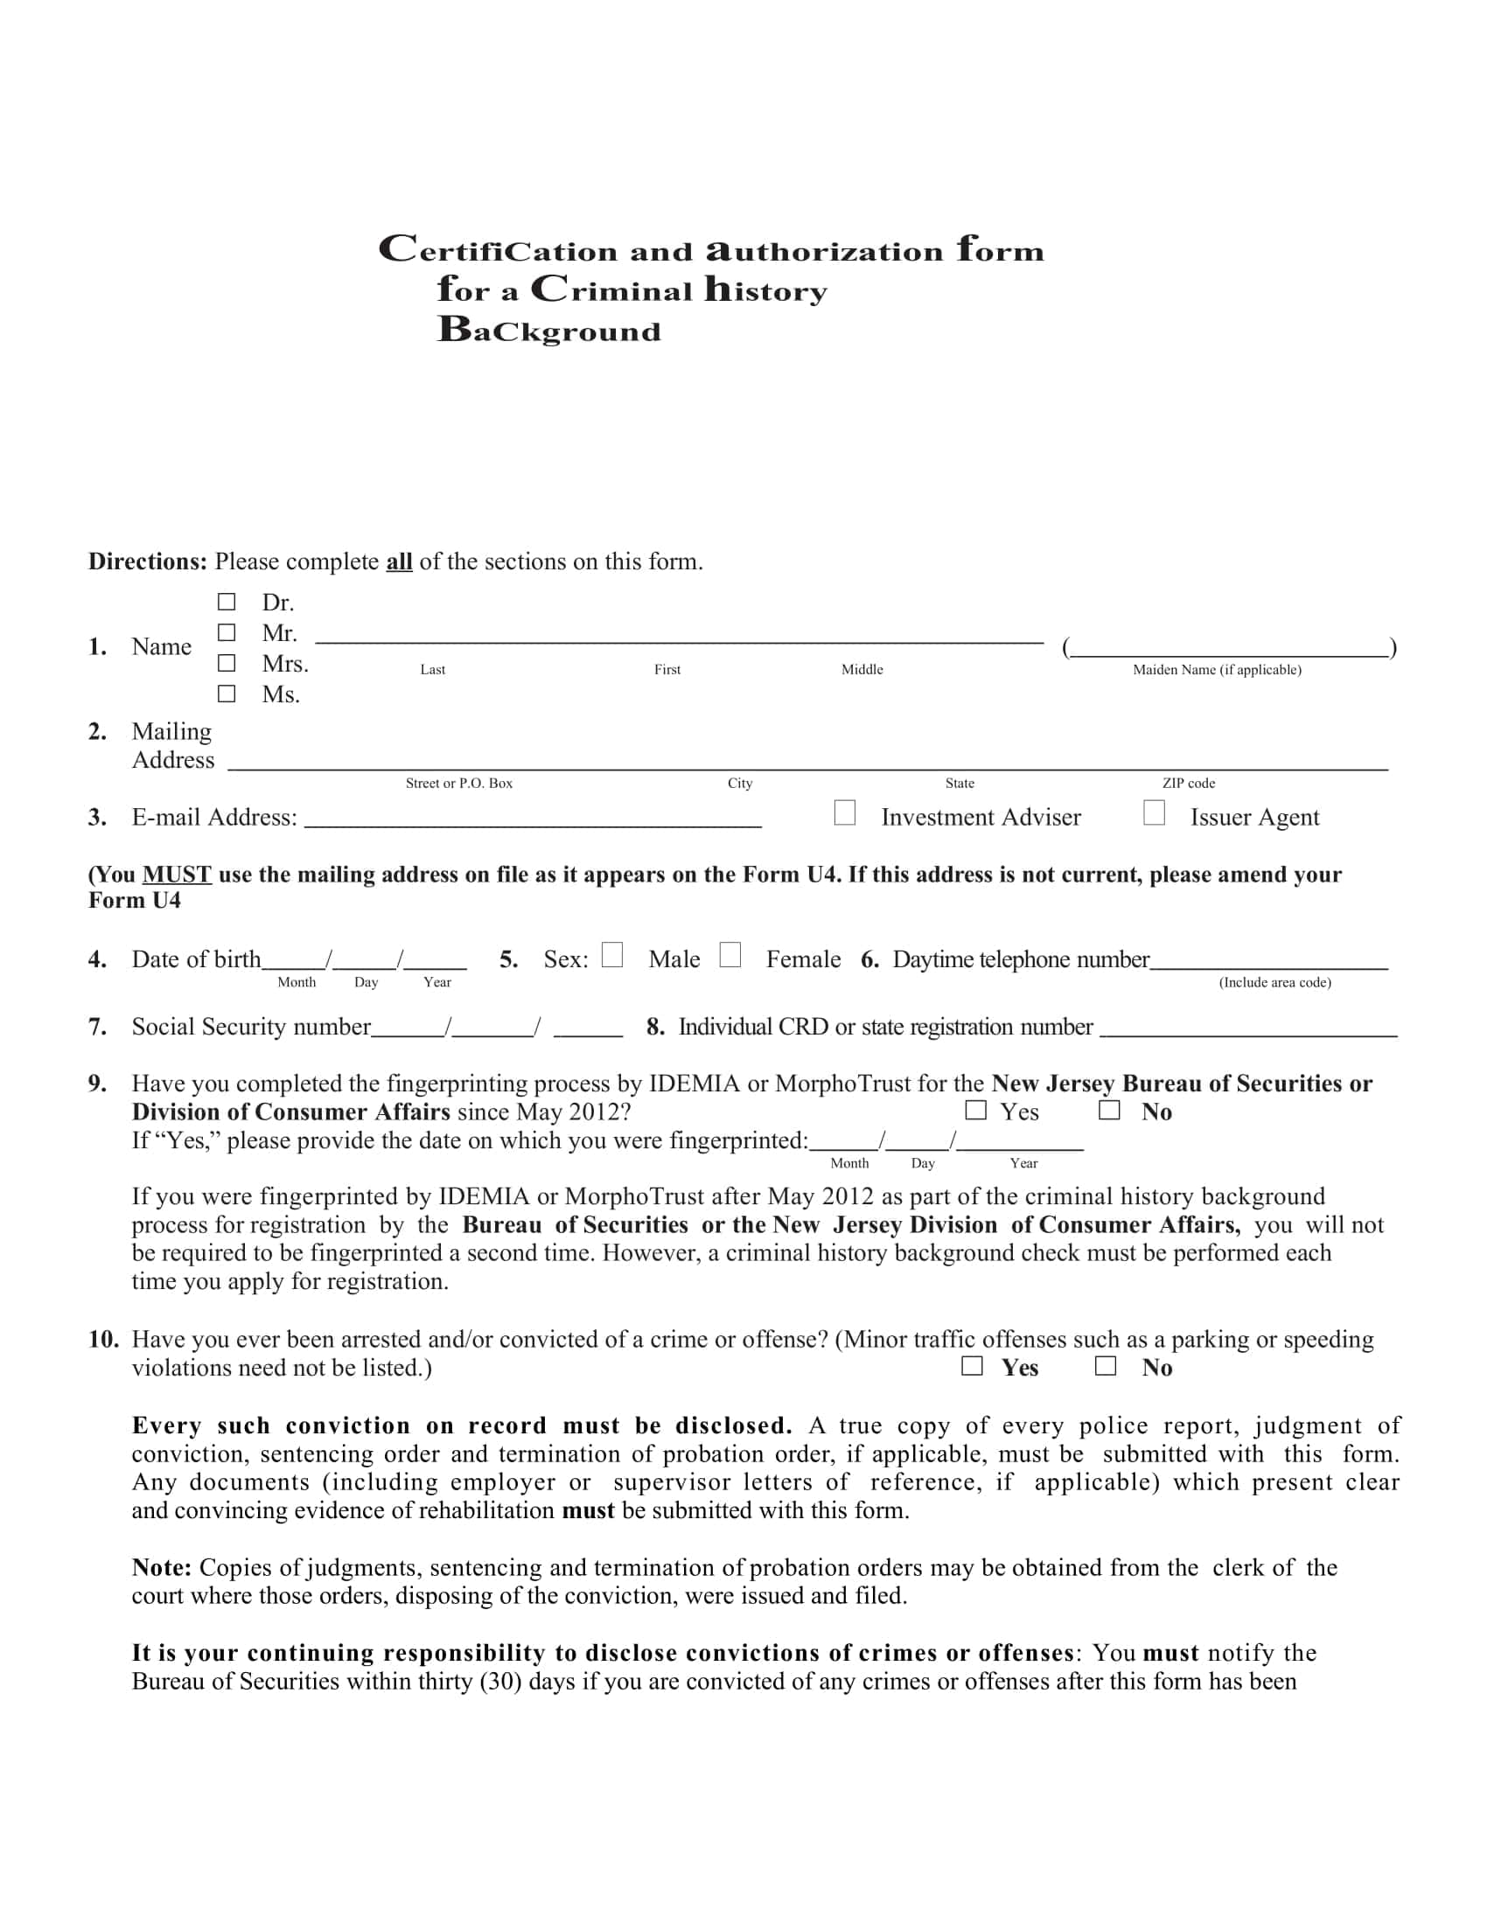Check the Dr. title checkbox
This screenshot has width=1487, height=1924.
(227, 602)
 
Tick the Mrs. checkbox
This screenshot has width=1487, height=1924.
(227, 663)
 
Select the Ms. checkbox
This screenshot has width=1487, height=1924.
(227, 694)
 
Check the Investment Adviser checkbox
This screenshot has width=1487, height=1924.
(844, 812)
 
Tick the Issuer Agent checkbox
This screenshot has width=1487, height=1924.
(1153, 812)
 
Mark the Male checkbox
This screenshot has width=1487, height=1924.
(612, 955)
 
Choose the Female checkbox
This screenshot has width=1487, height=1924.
(730, 955)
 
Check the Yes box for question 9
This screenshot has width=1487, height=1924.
(975, 1110)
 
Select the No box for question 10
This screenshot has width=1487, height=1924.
(1105, 1365)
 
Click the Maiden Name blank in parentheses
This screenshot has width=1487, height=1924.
(1229, 648)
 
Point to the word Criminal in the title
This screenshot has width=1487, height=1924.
(611, 289)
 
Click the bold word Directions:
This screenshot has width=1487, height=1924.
(147, 562)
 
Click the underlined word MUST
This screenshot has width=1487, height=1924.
(176, 875)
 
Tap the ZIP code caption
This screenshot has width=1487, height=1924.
(1188, 784)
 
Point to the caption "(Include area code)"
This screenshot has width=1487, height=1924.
(1274, 982)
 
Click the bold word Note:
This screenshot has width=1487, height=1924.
(162, 1567)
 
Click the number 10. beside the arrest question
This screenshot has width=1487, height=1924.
(103, 1340)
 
